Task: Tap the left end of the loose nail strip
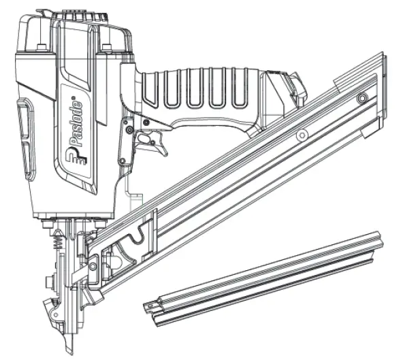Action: (152, 307)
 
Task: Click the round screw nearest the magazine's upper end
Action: (362, 99)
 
